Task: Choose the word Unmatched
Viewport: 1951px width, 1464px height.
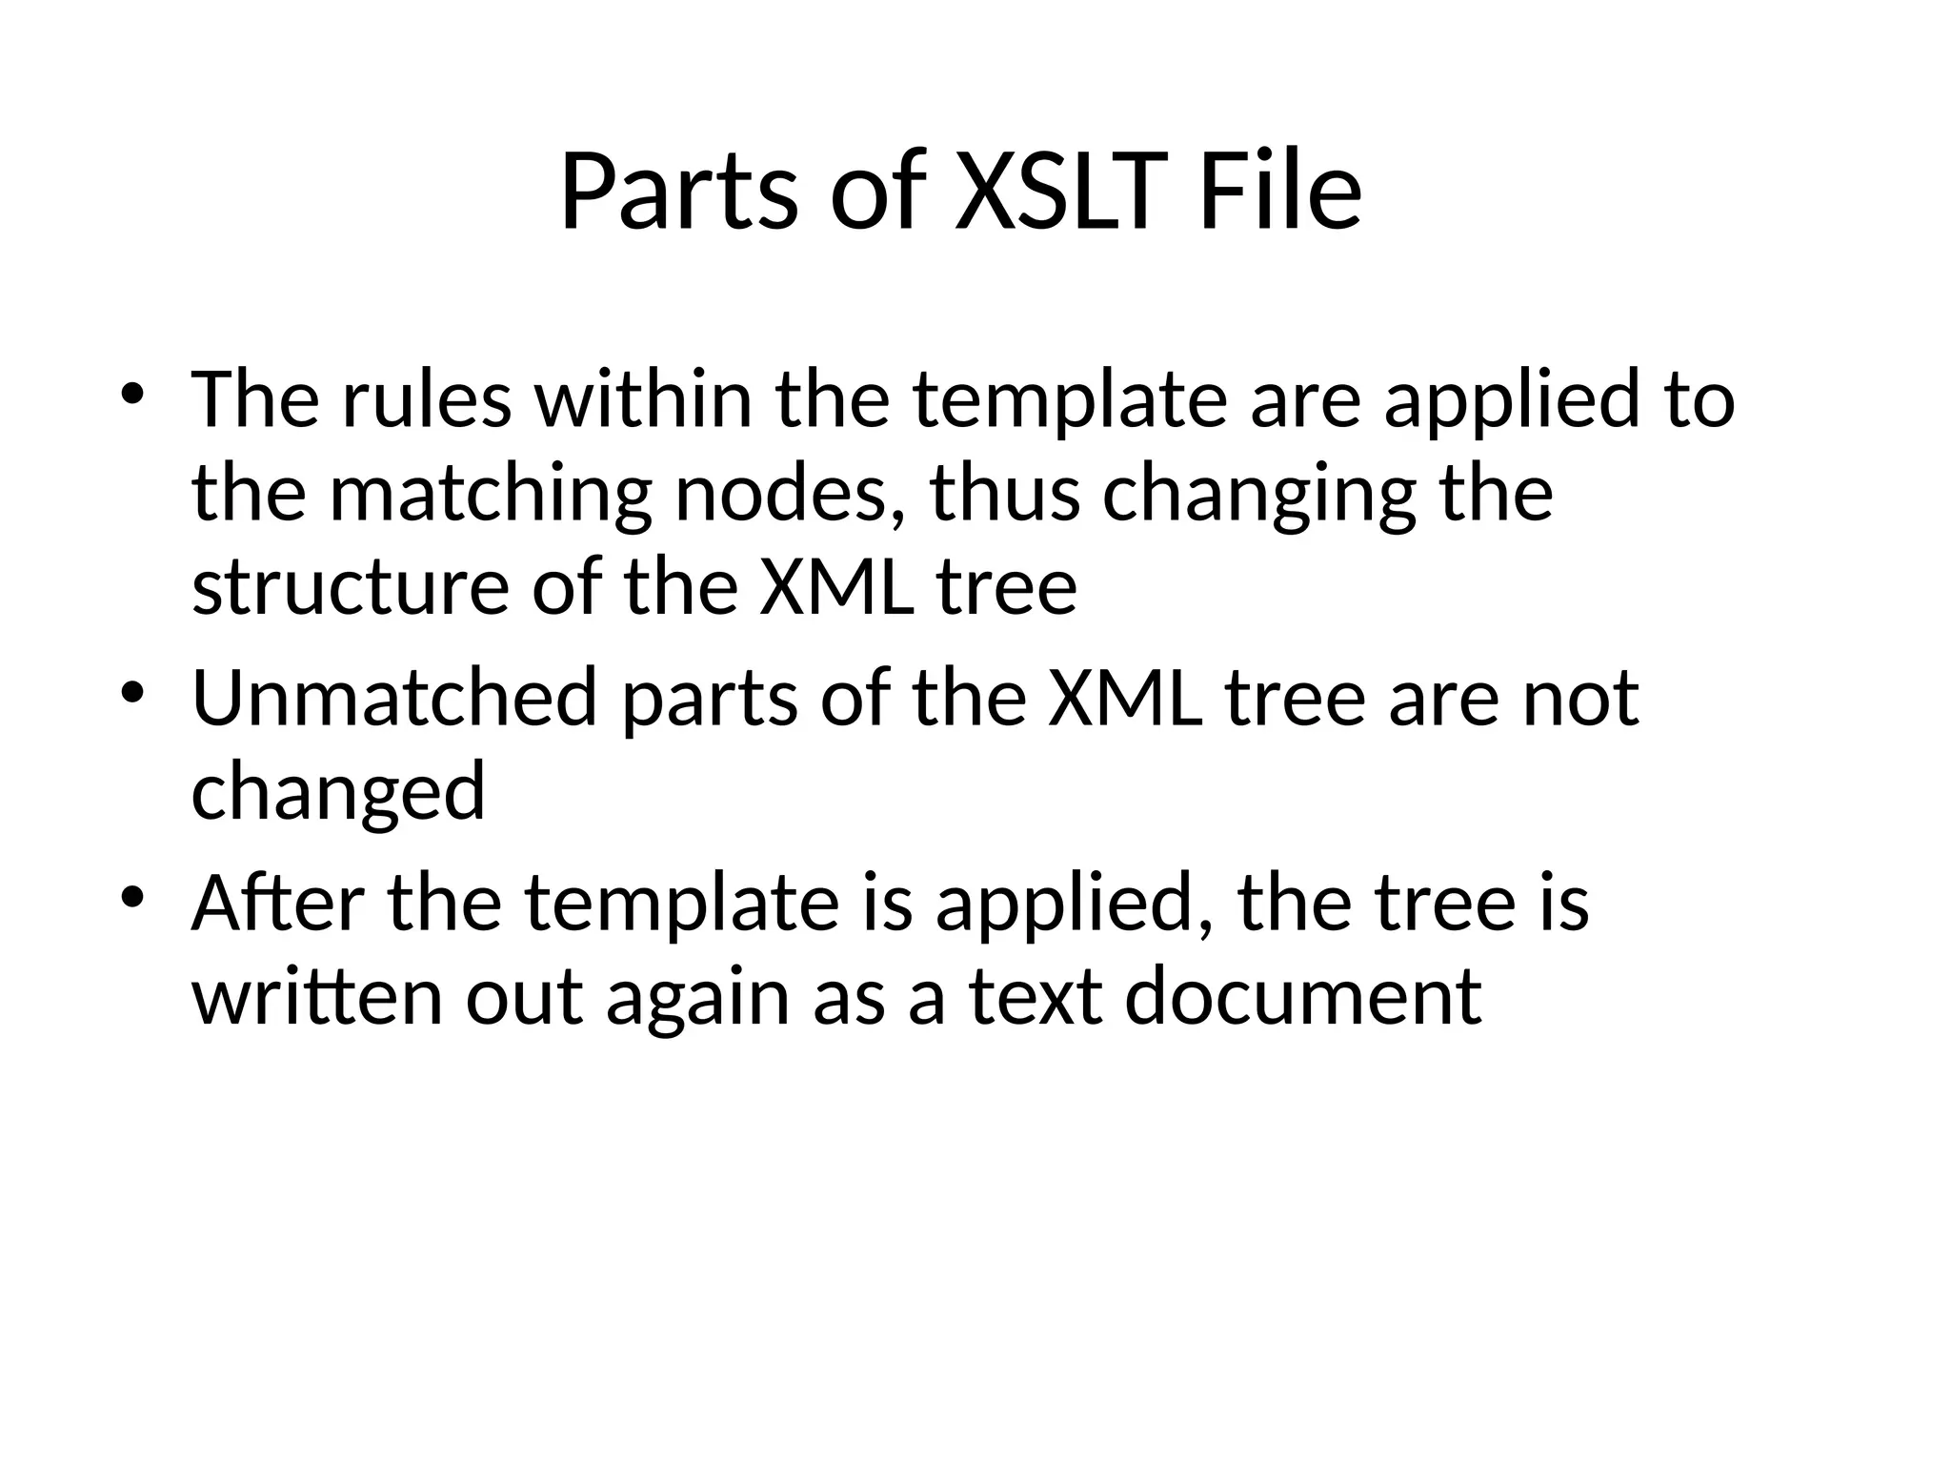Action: pyautogui.click(x=393, y=698)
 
